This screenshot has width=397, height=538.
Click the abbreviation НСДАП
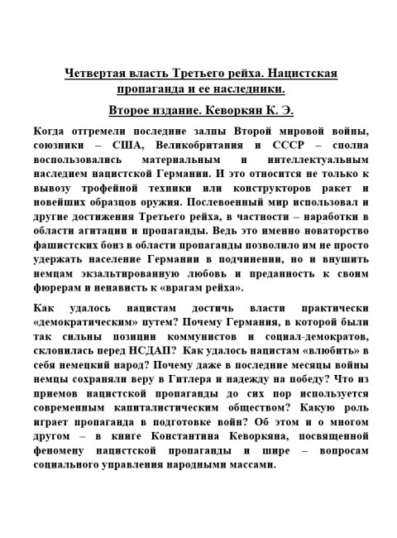click(x=174, y=351)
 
